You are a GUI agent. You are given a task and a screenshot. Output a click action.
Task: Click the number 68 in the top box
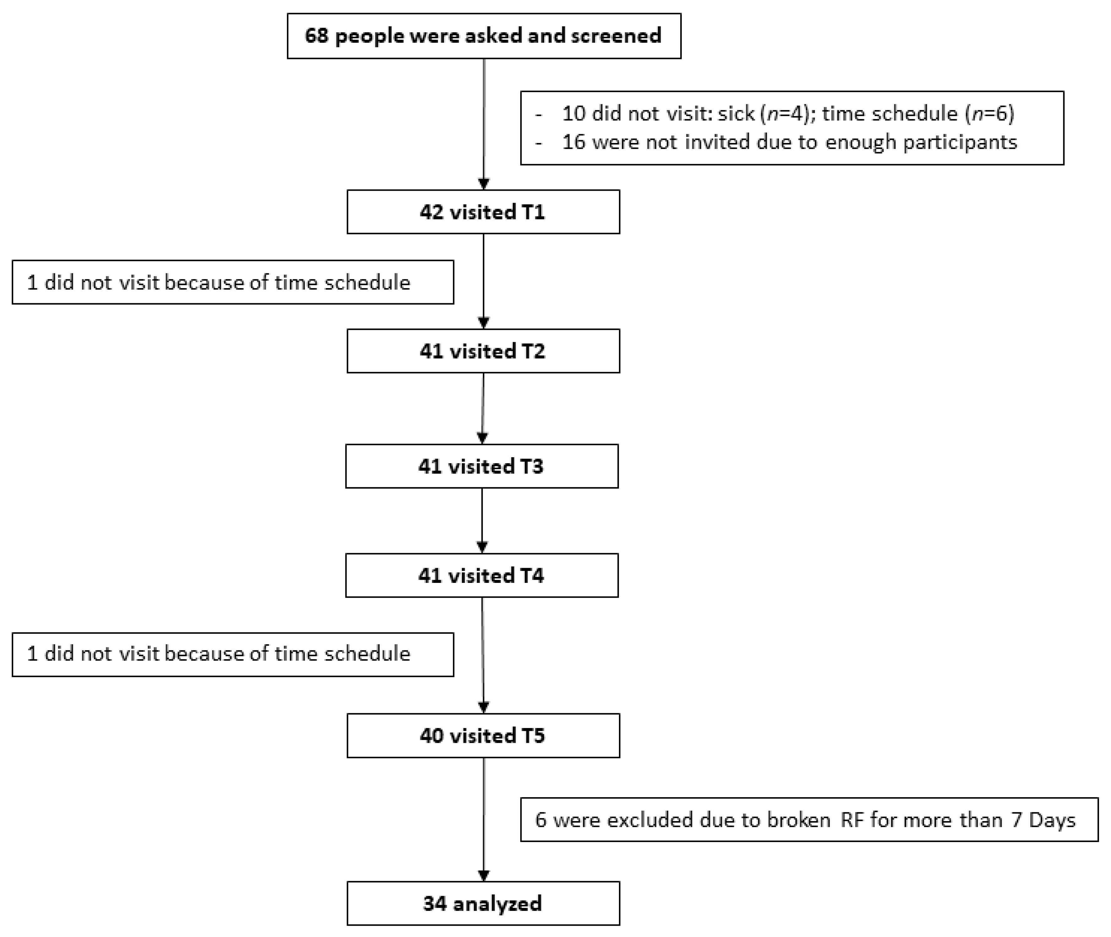pos(316,36)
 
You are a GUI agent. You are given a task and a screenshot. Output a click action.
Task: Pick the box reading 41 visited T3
pos(482,466)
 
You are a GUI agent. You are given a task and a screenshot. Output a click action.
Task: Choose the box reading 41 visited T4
pos(482,576)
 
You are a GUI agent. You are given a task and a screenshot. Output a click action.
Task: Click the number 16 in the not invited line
pos(573,142)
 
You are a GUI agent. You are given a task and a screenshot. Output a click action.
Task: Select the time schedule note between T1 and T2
pos(233,282)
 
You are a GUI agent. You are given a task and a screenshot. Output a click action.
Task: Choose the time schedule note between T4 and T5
pos(233,654)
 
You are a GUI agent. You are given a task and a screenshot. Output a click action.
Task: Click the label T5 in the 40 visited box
pos(533,736)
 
